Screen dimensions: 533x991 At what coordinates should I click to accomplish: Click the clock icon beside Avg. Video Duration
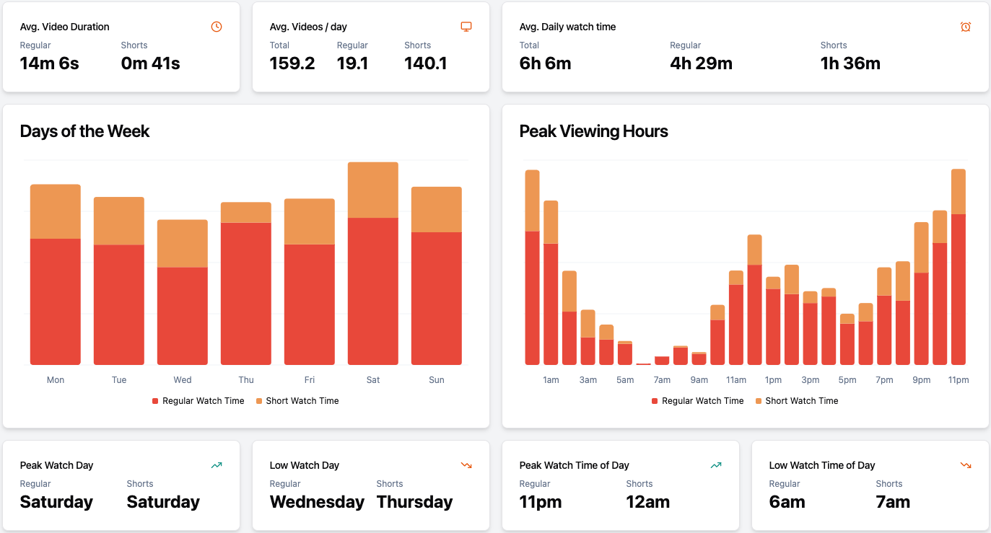(217, 27)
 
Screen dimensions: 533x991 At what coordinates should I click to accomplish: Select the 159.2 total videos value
(292, 63)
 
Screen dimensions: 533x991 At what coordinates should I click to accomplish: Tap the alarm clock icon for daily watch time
(966, 27)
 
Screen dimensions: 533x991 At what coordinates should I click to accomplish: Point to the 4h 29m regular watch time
(701, 63)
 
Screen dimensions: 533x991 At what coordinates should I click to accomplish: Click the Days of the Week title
(84, 131)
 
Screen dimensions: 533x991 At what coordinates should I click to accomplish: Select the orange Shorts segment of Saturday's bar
(372, 190)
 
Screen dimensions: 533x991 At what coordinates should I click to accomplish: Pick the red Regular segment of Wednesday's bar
(183, 316)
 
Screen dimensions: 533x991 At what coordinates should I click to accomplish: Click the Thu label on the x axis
(246, 380)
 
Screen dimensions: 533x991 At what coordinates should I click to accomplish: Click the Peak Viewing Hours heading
(593, 131)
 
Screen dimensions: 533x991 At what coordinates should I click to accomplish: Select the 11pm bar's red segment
(958, 288)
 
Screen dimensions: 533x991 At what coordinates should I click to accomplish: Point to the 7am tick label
(662, 380)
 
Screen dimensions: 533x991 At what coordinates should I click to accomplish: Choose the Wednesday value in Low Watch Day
(317, 502)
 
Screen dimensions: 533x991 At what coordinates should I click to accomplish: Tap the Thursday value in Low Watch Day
(414, 502)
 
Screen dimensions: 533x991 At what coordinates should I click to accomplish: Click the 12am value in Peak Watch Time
(647, 502)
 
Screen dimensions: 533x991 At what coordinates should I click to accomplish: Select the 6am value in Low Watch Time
(787, 502)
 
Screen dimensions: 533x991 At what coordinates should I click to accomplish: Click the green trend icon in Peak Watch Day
(217, 465)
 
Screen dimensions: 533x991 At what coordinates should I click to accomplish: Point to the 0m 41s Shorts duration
(150, 63)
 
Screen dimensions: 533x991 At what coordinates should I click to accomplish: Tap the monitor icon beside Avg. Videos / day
(466, 27)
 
